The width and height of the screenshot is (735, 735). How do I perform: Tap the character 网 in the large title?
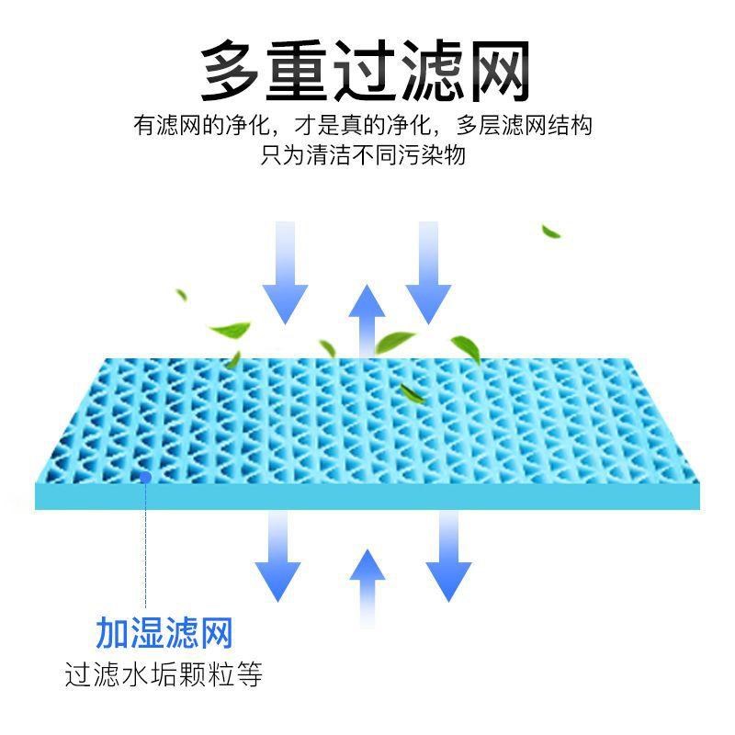(499, 72)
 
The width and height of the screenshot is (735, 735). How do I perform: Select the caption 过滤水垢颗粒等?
(164, 675)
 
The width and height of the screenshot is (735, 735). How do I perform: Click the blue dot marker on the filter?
(145, 476)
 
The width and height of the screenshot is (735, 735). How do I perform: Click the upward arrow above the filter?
(367, 317)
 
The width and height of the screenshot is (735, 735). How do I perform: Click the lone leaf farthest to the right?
(551, 231)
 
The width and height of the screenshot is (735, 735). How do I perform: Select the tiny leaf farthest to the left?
(182, 296)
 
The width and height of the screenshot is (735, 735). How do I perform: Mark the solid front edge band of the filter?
(367, 496)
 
